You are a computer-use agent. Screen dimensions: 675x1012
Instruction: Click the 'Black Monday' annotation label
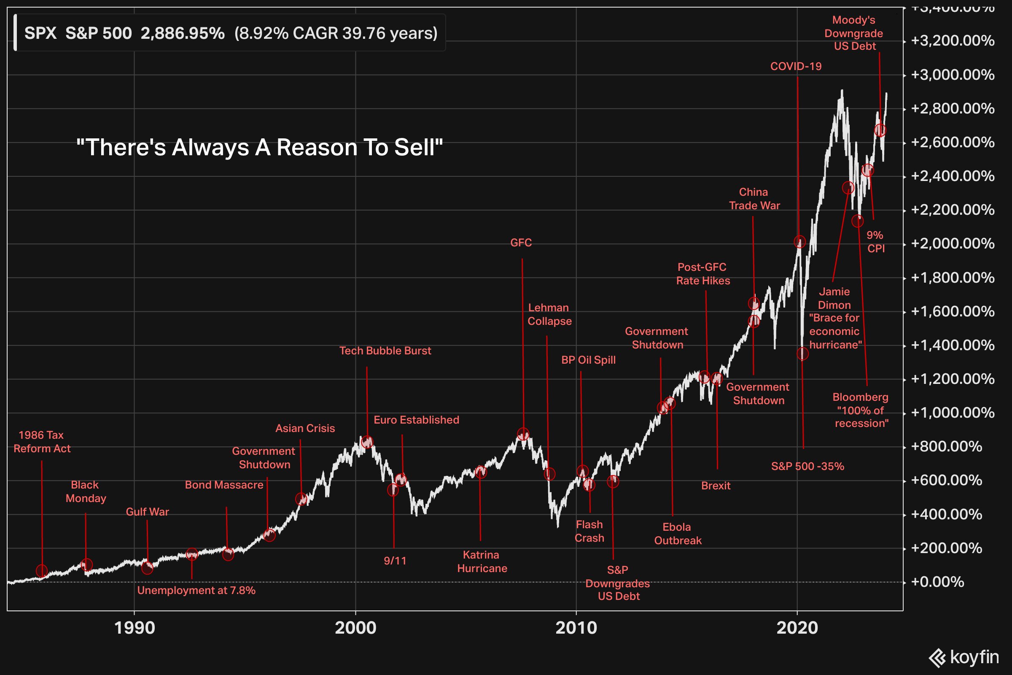pyautogui.click(x=86, y=491)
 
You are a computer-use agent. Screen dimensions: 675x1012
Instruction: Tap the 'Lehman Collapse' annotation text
pyautogui.click(x=549, y=314)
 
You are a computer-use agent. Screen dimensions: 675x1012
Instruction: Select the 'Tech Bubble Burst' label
pyautogui.click(x=385, y=351)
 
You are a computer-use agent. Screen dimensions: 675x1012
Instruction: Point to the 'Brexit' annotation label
pyautogui.click(x=716, y=486)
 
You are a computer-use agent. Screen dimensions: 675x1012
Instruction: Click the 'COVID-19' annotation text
pyautogui.click(x=796, y=66)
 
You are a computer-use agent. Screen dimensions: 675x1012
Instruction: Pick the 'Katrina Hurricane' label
pyautogui.click(x=482, y=562)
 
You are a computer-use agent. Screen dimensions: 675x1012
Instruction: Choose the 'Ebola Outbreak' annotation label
pyautogui.click(x=678, y=533)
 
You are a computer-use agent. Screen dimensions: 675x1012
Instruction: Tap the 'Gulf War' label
pyautogui.click(x=147, y=512)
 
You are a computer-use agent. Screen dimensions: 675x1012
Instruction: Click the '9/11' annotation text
pyautogui.click(x=395, y=561)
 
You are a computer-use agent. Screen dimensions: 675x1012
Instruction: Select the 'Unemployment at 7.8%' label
pyautogui.click(x=196, y=590)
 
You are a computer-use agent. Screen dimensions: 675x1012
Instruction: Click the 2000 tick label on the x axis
pyautogui.click(x=355, y=628)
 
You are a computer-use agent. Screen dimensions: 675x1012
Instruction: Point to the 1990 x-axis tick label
pyautogui.click(x=134, y=628)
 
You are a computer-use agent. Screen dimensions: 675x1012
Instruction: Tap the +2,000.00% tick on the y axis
pyautogui.click(x=953, y=244)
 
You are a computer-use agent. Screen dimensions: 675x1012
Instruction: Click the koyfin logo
pyautogui.click(x=964, y=657)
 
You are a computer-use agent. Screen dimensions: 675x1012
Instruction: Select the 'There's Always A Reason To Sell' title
pyautogui.click(x=259, y=147)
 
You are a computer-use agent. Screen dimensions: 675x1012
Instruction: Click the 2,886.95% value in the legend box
pyautogui.click(x=183, y=33)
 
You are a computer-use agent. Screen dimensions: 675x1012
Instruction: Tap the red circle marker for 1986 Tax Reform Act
pyautogui.click(x=42, y=571)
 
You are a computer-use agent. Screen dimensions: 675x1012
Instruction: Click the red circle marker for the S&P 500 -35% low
pyautogui.click(x=802, y=354)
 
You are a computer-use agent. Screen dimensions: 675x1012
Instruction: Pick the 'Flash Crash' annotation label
pyautogui.click(x=589, y=531)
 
